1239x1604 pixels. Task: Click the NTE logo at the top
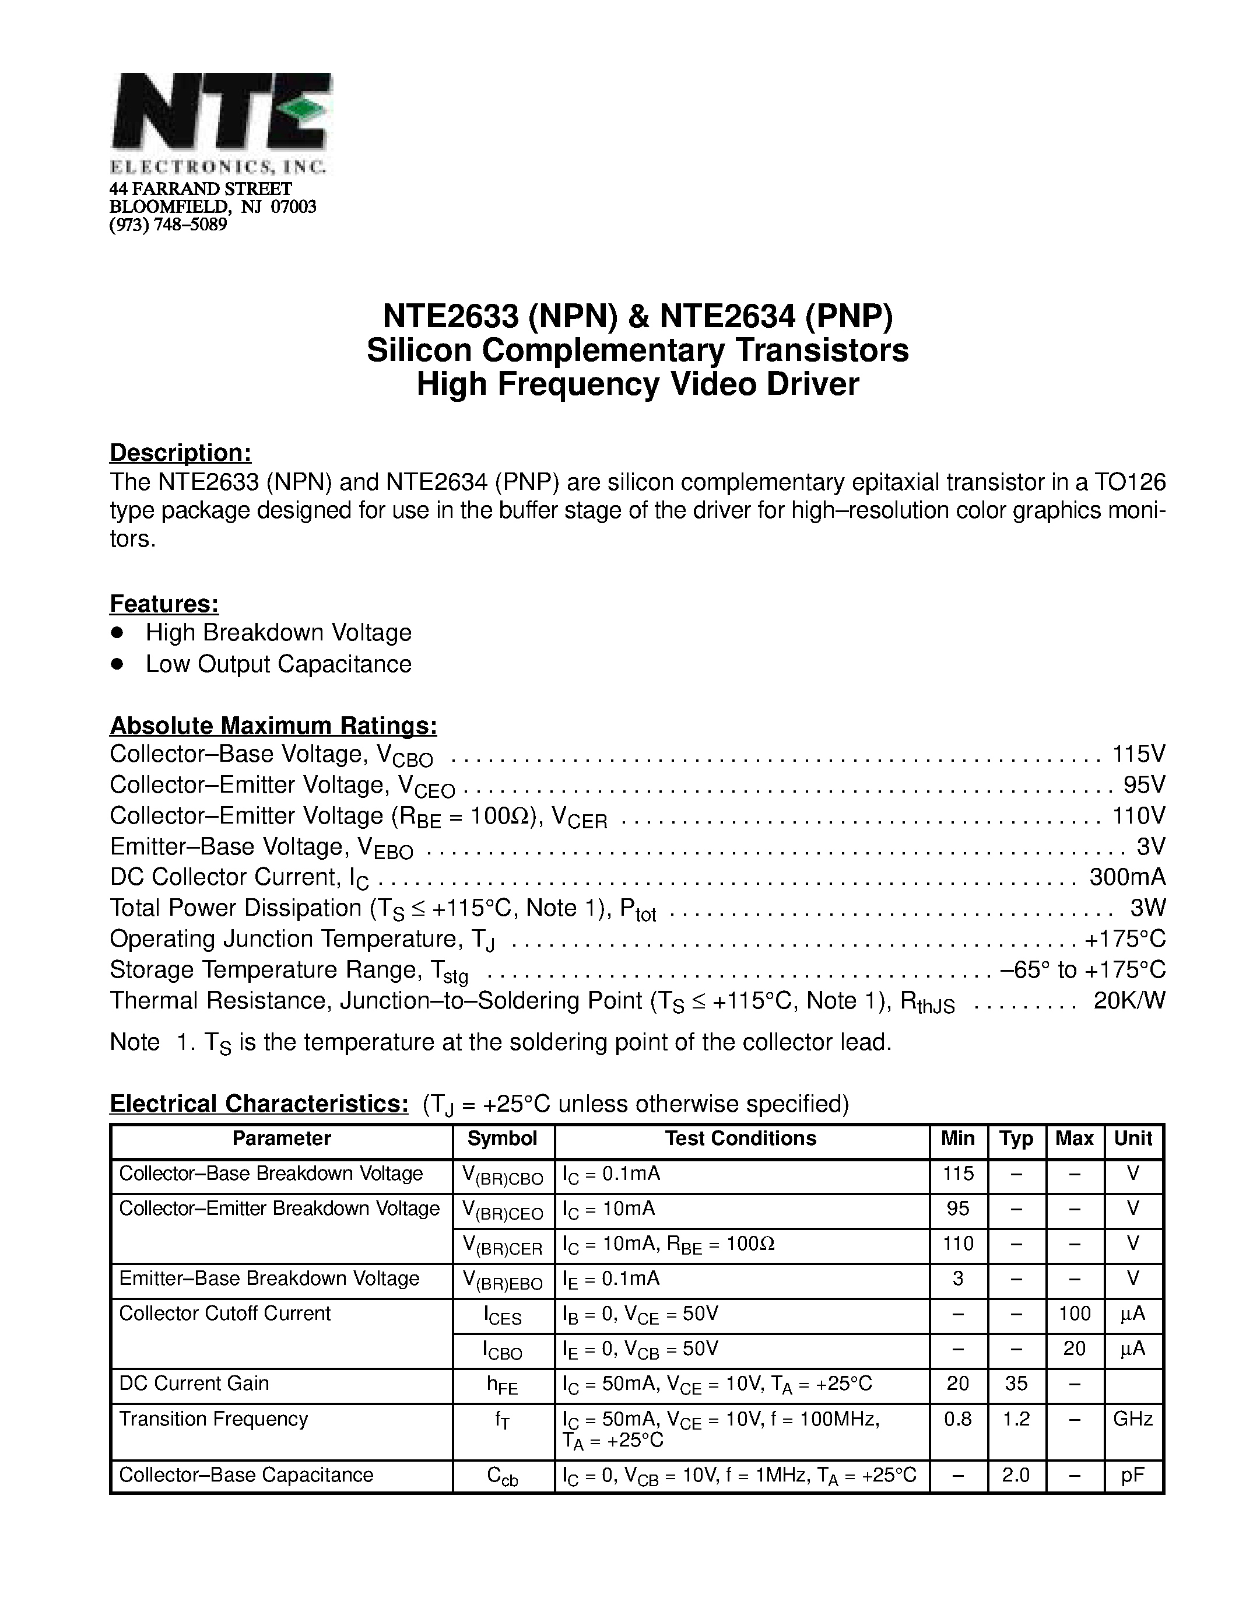tap(220, 122)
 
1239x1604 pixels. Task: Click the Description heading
tap(181, 453)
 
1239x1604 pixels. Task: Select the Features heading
tap(164, 603)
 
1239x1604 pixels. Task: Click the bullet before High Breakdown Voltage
tap(116, 632)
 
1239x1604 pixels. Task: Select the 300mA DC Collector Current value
tap(1128, 877)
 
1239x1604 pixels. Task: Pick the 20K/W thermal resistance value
tap(1129, 1000)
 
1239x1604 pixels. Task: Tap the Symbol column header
tap(503, 1139)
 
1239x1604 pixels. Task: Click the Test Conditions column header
tap(740, 1139)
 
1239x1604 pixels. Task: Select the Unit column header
tap(1132, 1139)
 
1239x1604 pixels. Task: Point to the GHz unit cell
tap(1132, 1419)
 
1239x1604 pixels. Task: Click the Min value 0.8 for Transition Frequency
tap(958, 1419)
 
